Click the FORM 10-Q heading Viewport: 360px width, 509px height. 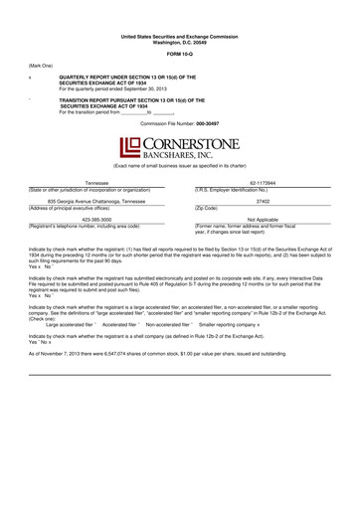pos(180,53)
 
